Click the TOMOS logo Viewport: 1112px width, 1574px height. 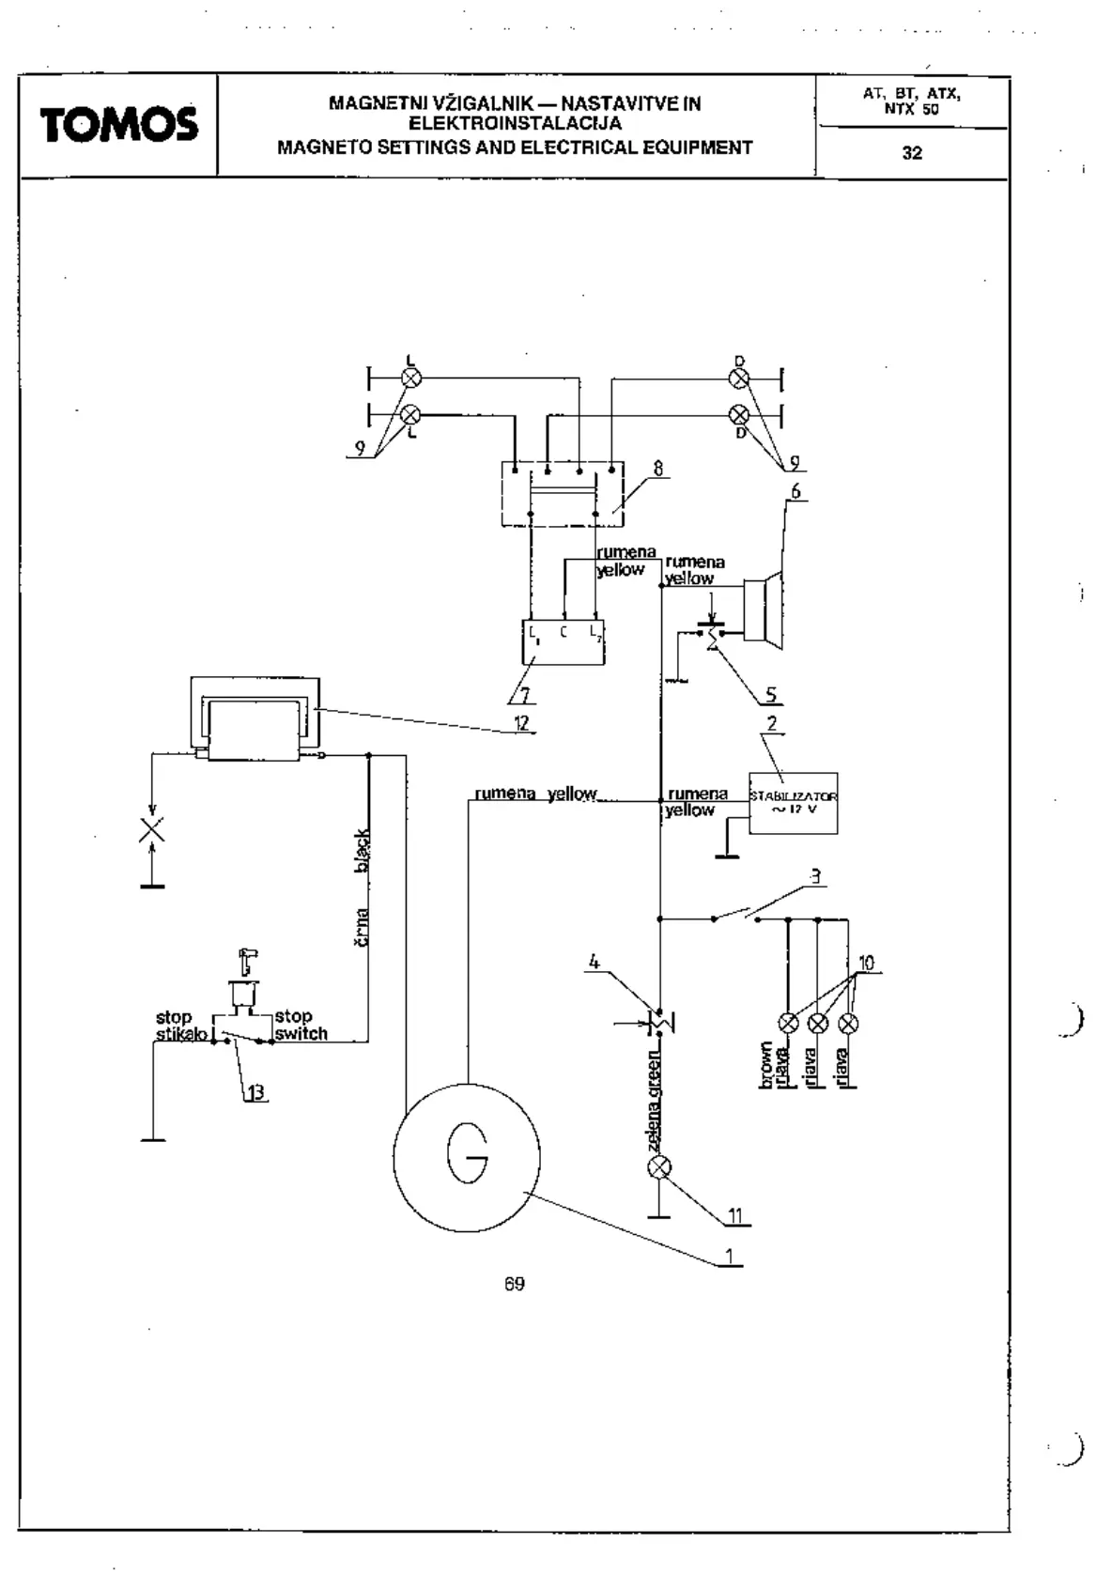[x=118, y=125]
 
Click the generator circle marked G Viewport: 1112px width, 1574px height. [x=467, y=1155]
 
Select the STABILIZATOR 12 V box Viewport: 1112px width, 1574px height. [x=793, y=803]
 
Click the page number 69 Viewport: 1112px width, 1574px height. [x=514, y=1284]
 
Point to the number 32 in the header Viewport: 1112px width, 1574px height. [x=912, y=153]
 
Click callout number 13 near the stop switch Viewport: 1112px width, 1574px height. [x=255, y=1092]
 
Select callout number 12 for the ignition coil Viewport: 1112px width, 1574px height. [x=521, y=722]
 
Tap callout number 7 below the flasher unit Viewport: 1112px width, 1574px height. [x=524, y=695]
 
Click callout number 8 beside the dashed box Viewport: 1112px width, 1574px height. [x=657, y=468]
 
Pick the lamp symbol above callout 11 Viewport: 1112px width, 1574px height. [x=660, y=1167]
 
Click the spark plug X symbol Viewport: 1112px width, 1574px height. [x=152, y=830]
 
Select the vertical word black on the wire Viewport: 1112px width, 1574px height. [x=363, y=851]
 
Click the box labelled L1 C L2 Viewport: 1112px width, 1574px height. [x=563, y=641]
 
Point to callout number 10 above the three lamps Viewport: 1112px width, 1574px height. [x=866, y=963]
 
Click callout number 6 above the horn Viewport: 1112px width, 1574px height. [x=795, y=491]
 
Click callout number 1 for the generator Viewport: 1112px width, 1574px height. [x=729, y=1255]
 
